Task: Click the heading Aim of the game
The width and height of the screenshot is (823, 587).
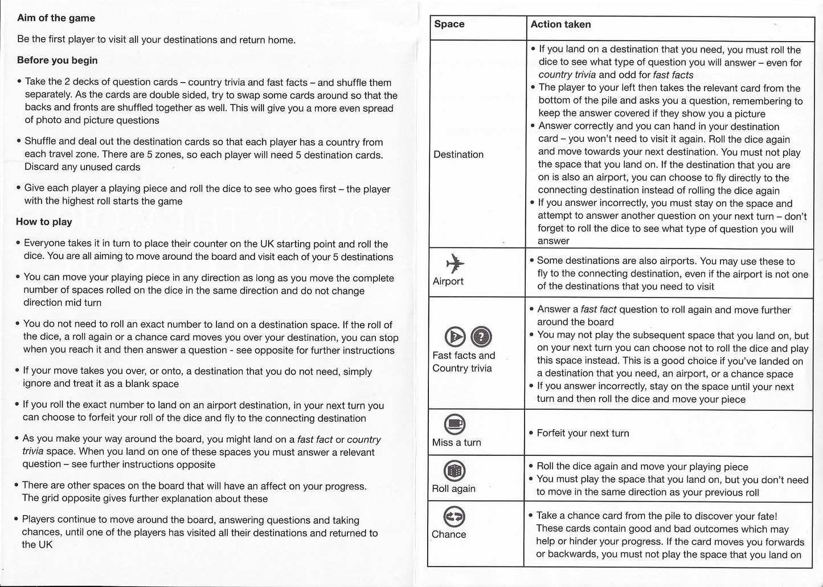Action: [56, 18]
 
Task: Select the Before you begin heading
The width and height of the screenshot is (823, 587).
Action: [57, 60]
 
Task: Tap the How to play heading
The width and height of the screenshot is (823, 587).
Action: [44, 222]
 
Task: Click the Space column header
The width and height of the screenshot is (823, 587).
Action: [449, 24]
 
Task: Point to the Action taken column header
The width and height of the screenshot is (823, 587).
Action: [560, 25]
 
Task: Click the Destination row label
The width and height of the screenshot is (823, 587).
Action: [458, 154]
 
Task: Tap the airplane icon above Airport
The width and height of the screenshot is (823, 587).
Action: [456, 264]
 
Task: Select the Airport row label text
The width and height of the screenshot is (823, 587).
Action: [448, 282]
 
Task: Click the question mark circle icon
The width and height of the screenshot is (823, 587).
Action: [482, 337]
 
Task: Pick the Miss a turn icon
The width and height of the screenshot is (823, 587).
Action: [455, 423]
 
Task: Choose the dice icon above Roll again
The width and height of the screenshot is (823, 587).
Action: [455, 470]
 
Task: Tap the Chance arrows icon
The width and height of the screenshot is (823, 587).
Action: [455, 517]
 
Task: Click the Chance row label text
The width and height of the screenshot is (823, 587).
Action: [449, 535]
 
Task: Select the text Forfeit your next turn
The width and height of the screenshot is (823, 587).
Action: [583, 433]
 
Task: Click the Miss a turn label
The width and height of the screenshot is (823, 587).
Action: [456, 442]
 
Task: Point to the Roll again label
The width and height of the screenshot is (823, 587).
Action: [453, 489]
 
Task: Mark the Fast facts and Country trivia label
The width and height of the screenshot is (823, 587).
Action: [464, 362]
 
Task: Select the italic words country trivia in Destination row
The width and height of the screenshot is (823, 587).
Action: [567, 75]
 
